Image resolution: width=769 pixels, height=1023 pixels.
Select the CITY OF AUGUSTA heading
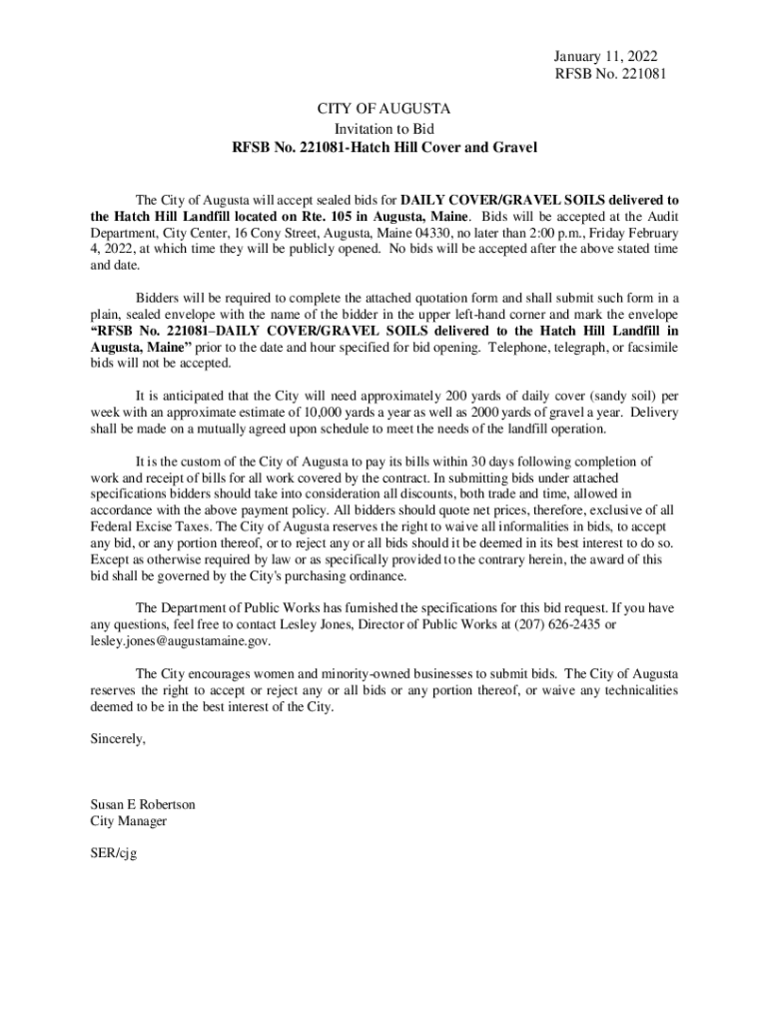pos(384,108)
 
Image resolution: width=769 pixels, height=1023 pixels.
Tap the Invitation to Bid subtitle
pos(384,128)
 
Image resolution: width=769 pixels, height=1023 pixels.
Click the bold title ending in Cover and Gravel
pos(384,148)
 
